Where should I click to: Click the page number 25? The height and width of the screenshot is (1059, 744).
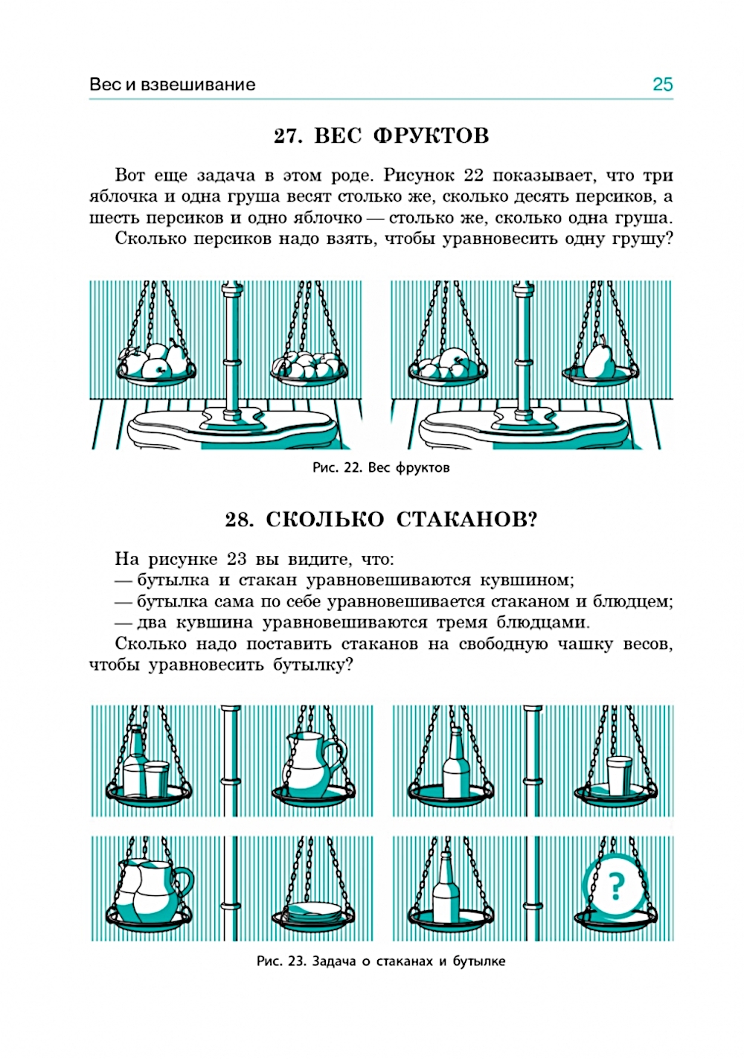pos(661,84)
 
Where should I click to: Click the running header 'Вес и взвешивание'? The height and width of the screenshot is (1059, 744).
pos(172,84)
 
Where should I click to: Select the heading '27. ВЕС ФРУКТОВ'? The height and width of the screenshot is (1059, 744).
pos(381,135)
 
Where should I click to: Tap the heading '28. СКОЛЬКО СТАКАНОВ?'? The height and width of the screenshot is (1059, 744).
pos(381,519)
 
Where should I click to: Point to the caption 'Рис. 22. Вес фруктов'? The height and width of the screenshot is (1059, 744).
pos(381,468)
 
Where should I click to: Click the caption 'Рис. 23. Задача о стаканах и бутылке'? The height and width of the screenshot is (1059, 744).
pos(381,961)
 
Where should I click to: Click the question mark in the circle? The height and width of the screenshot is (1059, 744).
pos(615,886)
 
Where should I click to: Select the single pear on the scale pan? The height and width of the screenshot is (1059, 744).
pos(597,359)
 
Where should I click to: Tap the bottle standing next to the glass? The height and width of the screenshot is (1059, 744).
pos(135,763)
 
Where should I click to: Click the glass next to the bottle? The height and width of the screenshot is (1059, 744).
pos(156,778)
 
